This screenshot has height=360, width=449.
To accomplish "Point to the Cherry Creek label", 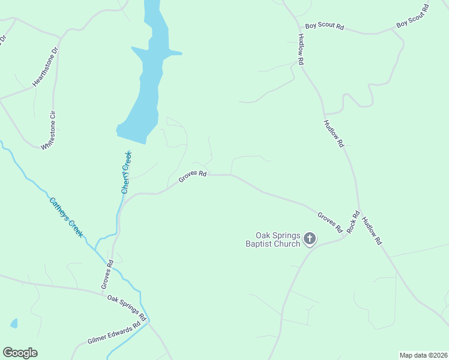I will pyautogui.click(x=127, y=172).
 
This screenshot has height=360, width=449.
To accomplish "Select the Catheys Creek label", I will pyautogui.click(x=66, y=217).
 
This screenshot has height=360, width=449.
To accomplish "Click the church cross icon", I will pyautogui.click(x=310, y=239).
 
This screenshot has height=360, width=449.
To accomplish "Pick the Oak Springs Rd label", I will pyautogui.click(x=127, y=305).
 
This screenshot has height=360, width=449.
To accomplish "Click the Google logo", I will pyautogui.click(x=20, y=353).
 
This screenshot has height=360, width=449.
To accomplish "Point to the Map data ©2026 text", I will pyautogui.click(x=423, y=355).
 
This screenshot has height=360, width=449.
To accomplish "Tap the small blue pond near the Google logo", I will pyautogui.click(x=14, y=323).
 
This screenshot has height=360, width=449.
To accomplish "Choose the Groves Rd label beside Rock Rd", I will pyautogui.click(x=330, y=222).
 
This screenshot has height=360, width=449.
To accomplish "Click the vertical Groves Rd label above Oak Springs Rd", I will pyautogui.click(x=107, y=272).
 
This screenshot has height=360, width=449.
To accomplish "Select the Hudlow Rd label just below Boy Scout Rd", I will pyautogui.click(x=301, y=49).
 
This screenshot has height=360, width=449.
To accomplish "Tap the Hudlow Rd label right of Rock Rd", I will pyautogui.click(x=372, y=231).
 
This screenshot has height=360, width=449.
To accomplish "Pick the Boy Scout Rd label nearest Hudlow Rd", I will pyautogui.click(x=324, y=26).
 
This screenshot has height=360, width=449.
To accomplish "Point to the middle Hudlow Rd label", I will pyautogui.click(x=334, y=134).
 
